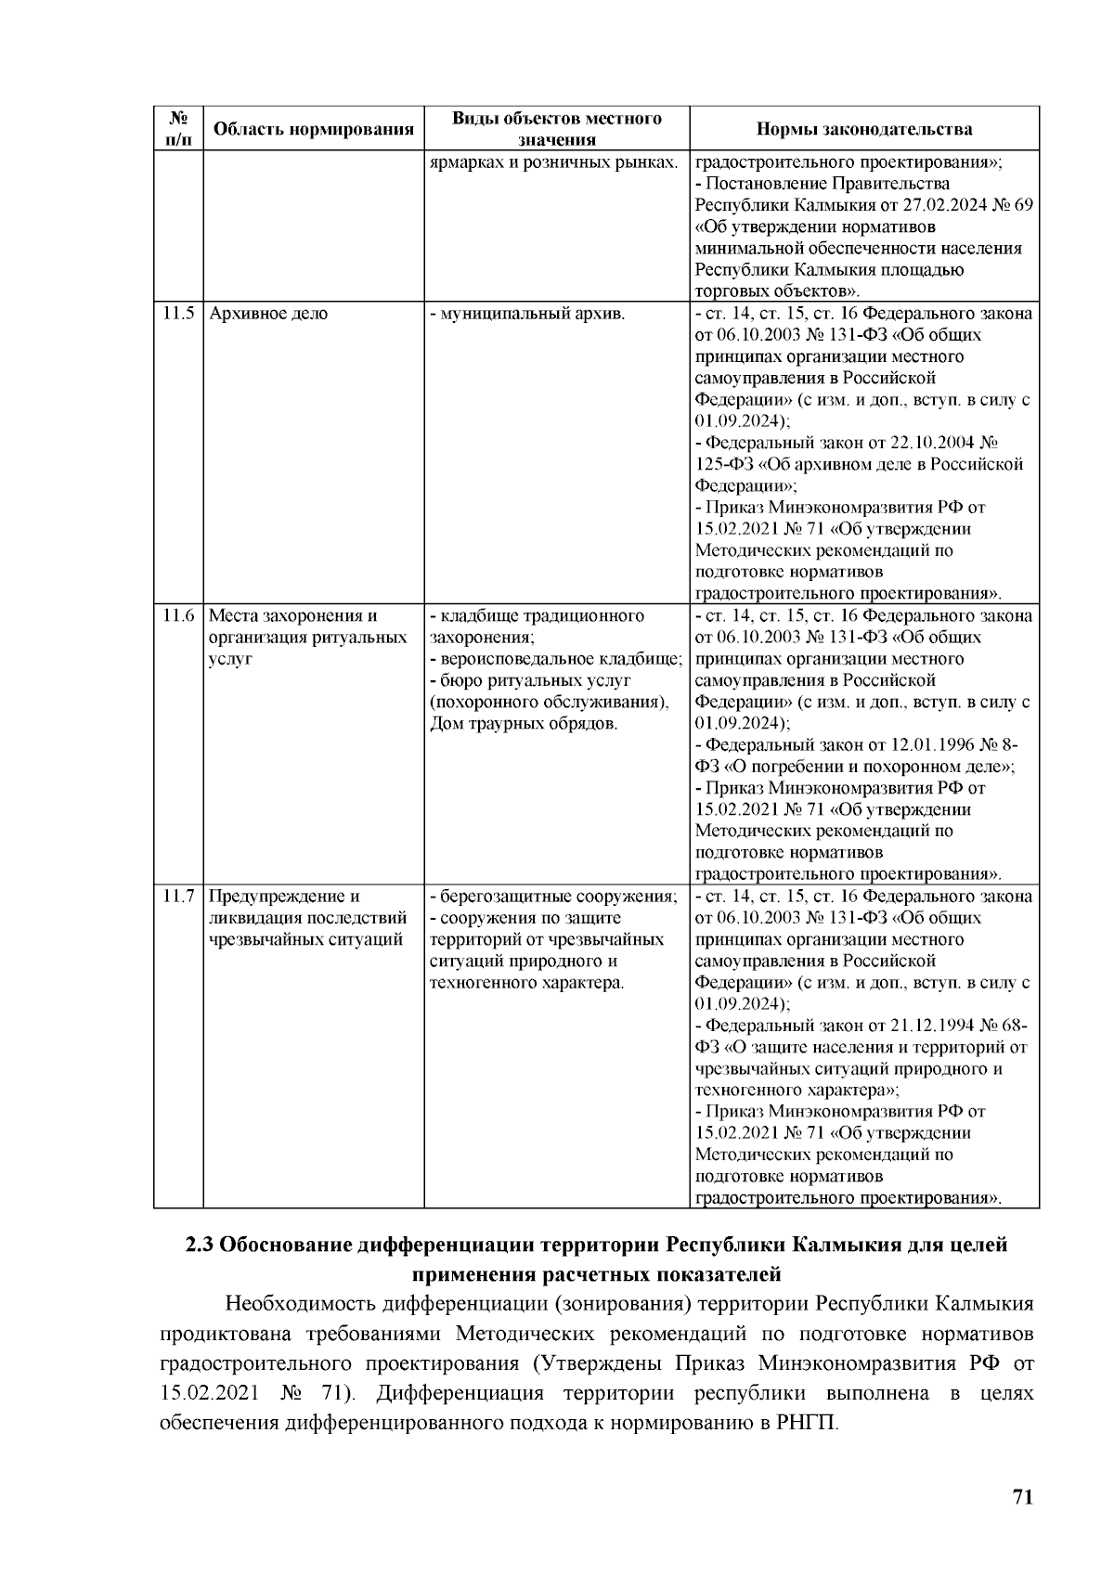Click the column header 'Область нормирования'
pos(313,129)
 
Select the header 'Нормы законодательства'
pos(863,129)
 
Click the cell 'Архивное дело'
pos(268,314)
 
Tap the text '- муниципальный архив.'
pos(526,314)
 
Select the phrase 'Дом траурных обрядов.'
pos(524,724)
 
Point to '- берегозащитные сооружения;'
pos(553,897)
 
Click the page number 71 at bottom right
pos(1022,1497)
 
